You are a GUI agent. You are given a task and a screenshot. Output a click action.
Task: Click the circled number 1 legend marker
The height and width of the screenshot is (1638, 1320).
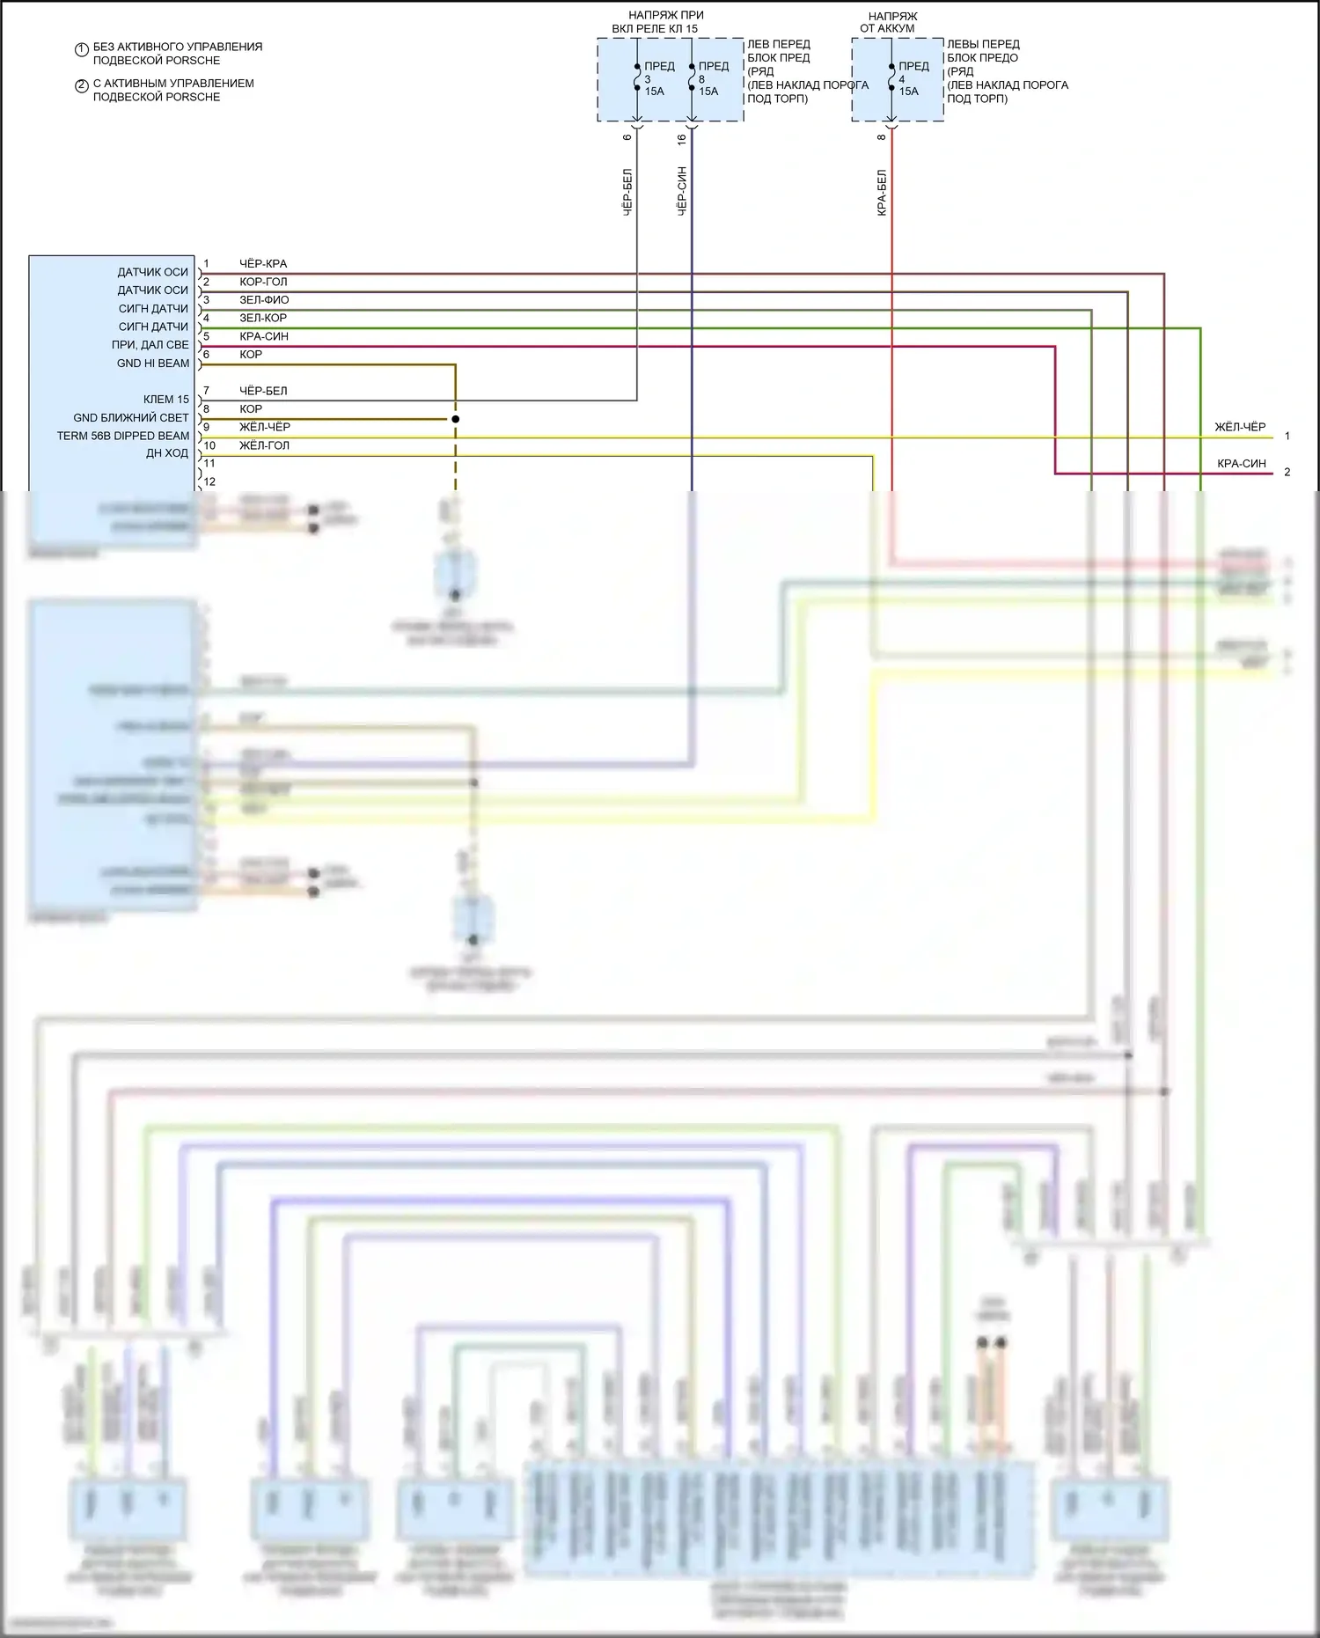(81, 50)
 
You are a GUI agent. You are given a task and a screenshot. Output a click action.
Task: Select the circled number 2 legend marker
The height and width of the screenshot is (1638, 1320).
(81, 86)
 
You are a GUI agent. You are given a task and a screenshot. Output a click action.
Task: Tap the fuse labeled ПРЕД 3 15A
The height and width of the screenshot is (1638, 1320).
(637, 78)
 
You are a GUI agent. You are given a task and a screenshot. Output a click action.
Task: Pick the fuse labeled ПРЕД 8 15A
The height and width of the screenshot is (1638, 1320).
(692, 78)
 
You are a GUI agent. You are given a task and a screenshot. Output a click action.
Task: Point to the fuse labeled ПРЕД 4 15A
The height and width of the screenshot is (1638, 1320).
(891, 78)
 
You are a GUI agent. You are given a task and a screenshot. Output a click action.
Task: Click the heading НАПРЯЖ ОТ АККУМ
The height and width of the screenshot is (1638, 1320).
(889, 22)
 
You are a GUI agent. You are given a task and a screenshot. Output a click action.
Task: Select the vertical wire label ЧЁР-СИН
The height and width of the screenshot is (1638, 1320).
(682, 191)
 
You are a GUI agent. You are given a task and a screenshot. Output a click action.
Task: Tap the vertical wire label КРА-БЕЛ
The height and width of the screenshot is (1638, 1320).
(882, 194)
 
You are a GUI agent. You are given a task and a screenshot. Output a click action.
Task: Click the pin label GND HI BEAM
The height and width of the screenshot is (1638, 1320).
(153, 364)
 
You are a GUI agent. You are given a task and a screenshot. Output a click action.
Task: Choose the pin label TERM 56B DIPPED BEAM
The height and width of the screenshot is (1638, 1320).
(123, 436)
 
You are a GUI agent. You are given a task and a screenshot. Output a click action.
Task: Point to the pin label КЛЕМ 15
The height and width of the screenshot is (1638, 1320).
(166, 400)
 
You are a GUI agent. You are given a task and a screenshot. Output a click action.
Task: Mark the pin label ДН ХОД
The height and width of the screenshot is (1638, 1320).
(167, 453)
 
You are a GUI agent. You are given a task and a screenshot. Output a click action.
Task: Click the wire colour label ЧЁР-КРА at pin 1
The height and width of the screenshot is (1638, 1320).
(263, 264)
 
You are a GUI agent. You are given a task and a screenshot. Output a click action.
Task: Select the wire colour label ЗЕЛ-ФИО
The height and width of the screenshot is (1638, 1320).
(264, 300)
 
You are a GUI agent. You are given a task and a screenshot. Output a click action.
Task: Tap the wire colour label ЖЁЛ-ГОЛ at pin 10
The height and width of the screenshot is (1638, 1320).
(264, 445)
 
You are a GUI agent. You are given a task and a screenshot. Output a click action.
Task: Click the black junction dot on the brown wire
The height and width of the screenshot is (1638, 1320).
(456, 419)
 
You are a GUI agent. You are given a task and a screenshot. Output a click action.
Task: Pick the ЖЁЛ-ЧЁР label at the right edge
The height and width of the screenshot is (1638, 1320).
(1240, 427)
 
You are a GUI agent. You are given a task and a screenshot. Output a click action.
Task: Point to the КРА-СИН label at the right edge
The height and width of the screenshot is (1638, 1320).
(1242, 464)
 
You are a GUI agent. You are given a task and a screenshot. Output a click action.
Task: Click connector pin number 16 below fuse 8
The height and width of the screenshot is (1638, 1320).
(682, 138)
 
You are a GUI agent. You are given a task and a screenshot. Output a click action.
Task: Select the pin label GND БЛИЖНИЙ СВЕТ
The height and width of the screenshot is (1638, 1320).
(131, 418)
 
